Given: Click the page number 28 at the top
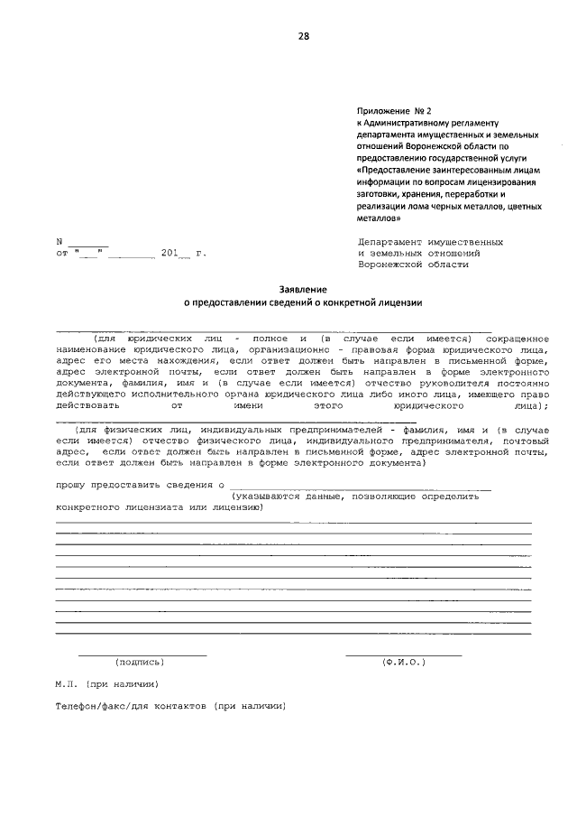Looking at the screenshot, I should [x=304, y=36].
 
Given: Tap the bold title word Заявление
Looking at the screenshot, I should [x=301, y=288].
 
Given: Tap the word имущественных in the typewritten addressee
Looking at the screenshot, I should [x=465, y=243].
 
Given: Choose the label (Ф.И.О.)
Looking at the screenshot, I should [x=404, y=662].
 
